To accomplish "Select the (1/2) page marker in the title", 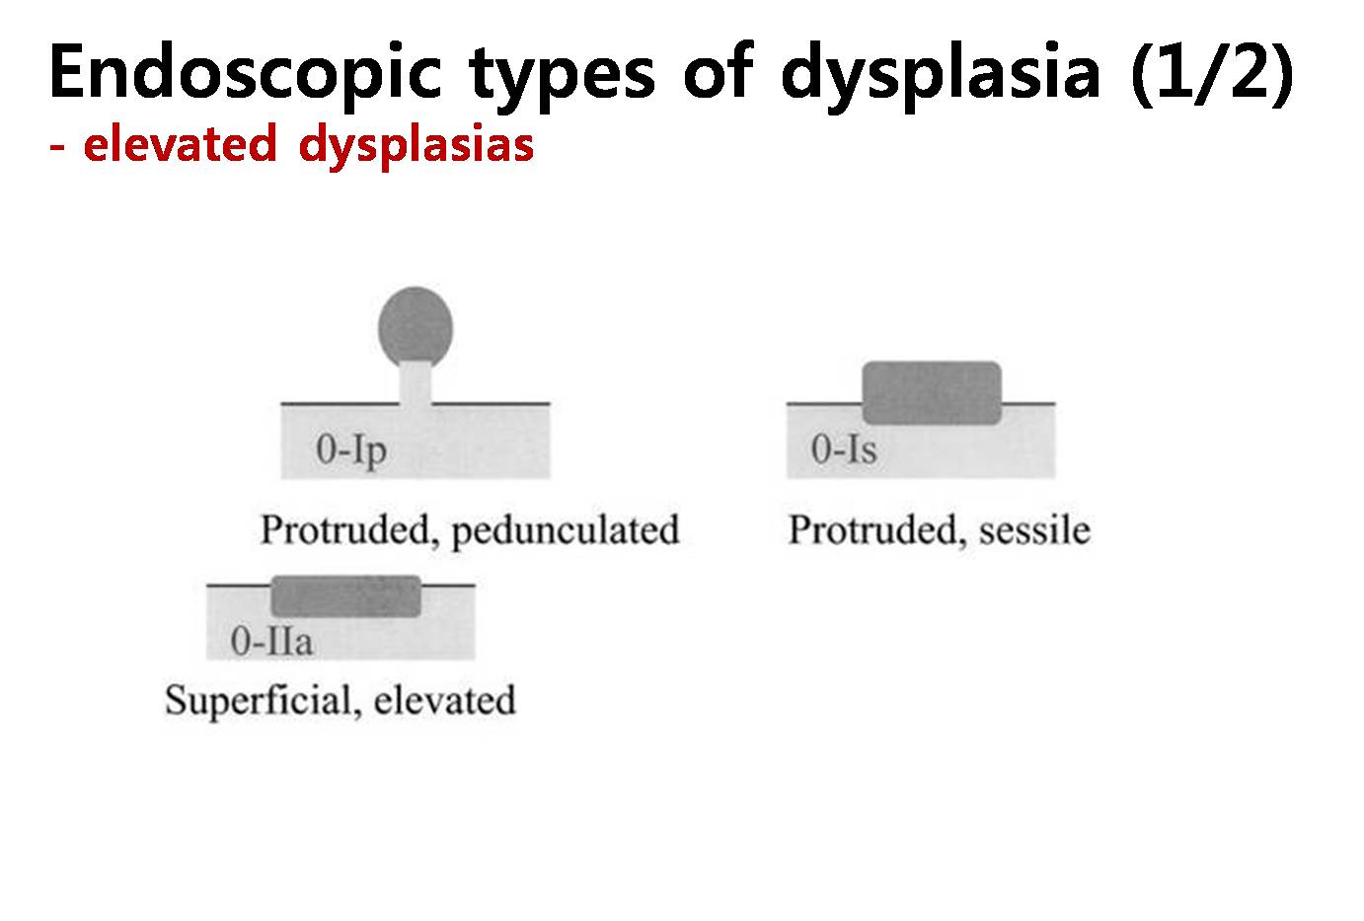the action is (1212, 72).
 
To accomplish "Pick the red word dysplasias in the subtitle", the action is (417, 146).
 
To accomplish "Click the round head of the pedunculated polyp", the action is (416, 326).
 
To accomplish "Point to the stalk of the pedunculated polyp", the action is (416, 384).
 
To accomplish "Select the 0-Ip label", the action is (351, 451).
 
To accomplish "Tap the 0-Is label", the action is (844, 449).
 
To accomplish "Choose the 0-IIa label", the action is (271, 641).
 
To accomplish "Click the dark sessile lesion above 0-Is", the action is (932, 393).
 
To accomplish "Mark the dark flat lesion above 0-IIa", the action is (345, 596).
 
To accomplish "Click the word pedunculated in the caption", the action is (566, 531).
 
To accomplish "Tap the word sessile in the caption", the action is (1034, 530).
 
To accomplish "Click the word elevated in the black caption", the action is (444, 701).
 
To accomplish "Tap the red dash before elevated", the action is (57, 147).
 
